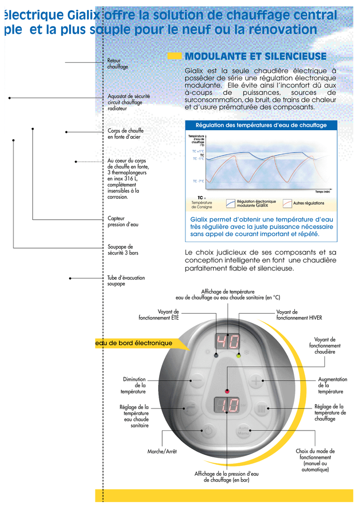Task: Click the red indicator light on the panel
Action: point(227,391)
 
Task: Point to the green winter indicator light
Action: point(239,355)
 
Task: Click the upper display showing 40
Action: point(227,341)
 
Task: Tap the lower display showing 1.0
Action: point(227,405)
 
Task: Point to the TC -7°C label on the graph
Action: point(198,181)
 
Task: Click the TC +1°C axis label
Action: point(198,151)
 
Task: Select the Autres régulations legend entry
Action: point(308,203)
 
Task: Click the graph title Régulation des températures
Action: point(261,125)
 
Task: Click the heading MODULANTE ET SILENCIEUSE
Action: point(256,56)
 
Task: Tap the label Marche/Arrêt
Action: point(162,451)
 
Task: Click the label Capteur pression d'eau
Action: point(123,221)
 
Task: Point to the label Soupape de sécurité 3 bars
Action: point(123,250)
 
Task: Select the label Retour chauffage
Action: point(118,64)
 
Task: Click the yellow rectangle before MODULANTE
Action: point(175,56)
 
